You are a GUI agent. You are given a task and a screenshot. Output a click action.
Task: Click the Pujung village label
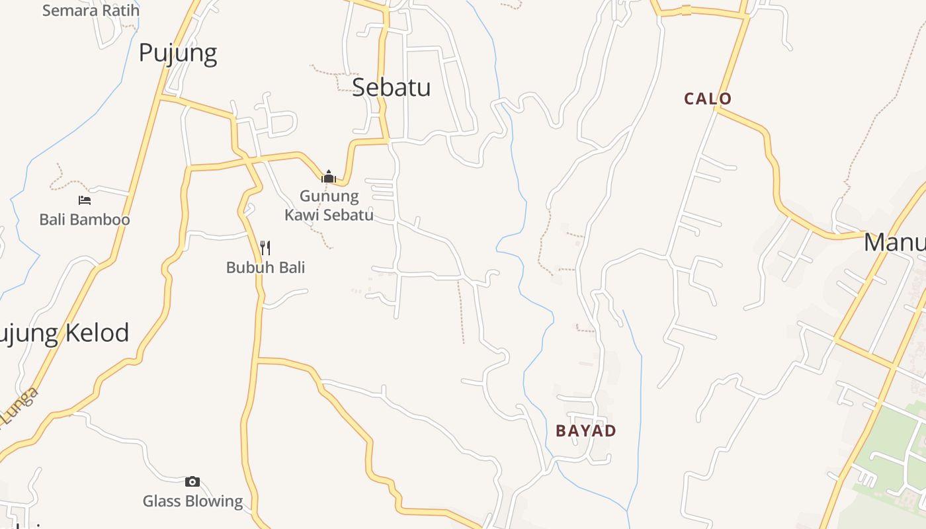coord(178,53)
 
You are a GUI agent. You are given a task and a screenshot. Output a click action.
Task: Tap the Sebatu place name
coord(392,87)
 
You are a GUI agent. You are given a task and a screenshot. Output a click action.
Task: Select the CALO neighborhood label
coord(708,99)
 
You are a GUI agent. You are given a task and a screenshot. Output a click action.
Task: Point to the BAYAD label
coord(586,431)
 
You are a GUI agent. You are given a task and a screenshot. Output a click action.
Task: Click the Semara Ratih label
coord(91,11)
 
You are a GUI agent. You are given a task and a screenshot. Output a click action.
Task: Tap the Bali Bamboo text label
coord(85,220)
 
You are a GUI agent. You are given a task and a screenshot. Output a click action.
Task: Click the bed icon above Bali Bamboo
coord(85,200)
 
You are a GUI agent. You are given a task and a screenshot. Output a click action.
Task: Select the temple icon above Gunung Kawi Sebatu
coord(329,177)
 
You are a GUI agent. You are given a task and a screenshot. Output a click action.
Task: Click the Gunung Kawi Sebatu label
coord(329,205)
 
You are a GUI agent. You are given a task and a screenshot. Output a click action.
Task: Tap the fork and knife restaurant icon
coord(265,248)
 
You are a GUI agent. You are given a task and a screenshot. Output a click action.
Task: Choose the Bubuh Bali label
coord(265,268)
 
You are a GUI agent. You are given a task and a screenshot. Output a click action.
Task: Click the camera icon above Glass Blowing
coord(192,481)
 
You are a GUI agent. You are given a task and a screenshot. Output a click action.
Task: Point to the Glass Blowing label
coord(193,501)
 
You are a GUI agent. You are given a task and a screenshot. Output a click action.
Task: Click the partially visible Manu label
coord(894,243)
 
